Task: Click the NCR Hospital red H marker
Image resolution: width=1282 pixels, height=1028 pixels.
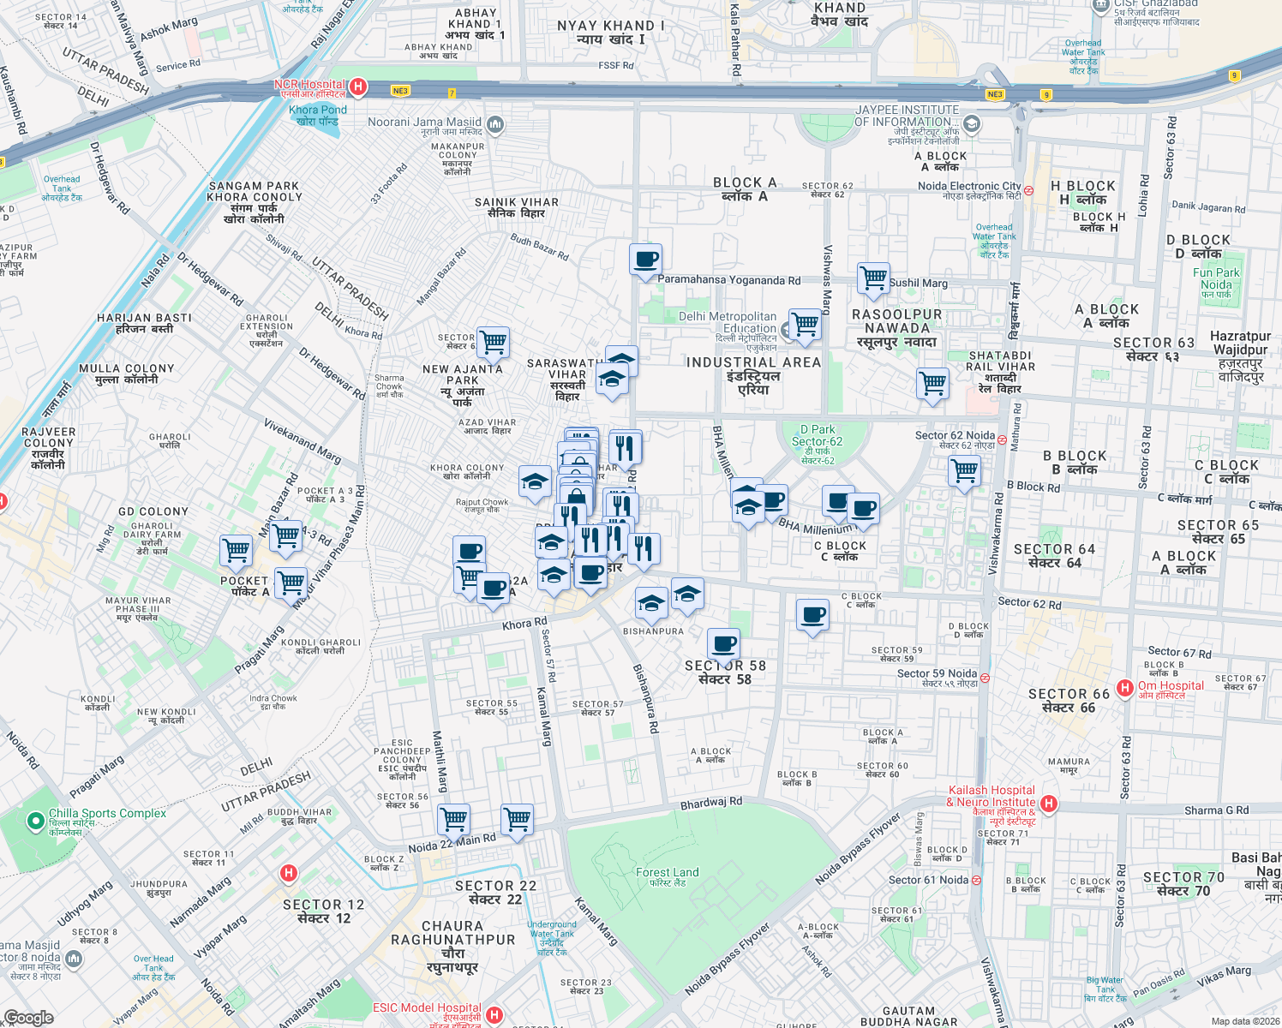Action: pyautogui.click(x=359, y=87)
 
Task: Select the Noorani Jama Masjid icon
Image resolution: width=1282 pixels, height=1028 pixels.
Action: pyautogui.click(x=494, y=126)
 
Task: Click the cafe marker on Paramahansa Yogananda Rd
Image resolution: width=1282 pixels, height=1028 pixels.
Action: pyautogui.click(x=645, y=259)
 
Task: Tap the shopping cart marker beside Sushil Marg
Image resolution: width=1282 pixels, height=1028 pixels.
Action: pyautogui.click(x=873, y=278)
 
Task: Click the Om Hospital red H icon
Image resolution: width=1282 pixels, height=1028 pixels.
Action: pyautogui.click(x=1125, y=687)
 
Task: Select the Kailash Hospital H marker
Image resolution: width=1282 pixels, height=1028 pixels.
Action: pyautogui.click(x=1049, y=804)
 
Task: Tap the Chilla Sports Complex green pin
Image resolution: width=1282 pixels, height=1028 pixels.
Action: pyautogui.click(x=35, y=822)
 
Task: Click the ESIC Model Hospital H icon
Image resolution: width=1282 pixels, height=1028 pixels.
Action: pyautogui.click(x=494, y=1015)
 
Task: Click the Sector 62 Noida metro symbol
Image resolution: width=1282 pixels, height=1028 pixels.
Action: pyautogui.click(x=1002, y=440)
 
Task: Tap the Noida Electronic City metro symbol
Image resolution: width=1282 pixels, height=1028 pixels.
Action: pyautogui.click(x=1028, y=190)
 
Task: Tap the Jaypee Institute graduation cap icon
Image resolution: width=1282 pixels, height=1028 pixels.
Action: pyautogui.click(x=971, y=124)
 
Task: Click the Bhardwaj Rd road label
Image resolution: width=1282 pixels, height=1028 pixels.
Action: pyautogui.click(x=711, y=803)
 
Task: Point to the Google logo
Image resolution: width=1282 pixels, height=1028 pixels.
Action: pyautogui.click(x=29, y=1017)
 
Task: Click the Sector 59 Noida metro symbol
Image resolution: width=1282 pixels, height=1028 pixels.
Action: pyautogui.click(x=985, y=678)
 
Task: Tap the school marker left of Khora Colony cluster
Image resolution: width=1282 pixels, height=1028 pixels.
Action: pyautogui.click(x=535, y=481)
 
